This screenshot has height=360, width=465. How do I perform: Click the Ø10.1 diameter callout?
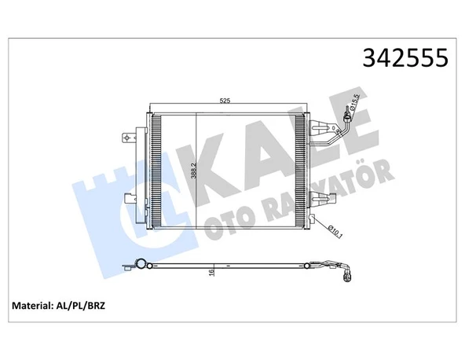[333, 230]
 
